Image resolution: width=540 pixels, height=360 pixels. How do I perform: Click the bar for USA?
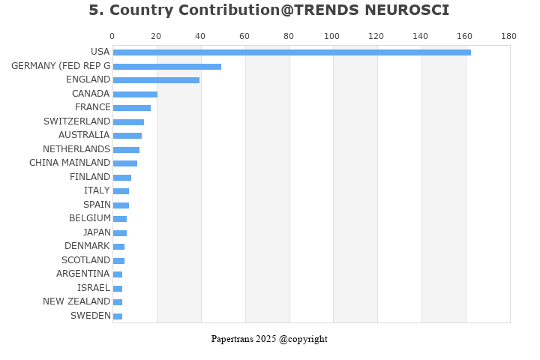coord(292,52)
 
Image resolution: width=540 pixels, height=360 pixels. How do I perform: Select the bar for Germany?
coord(166,66)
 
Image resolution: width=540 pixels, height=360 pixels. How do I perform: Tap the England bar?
coord(156,79)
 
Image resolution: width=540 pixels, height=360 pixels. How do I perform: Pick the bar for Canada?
coord(135,94)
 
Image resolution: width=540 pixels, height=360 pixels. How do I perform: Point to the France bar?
coord(131,107)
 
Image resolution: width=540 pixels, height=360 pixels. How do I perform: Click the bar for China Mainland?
coord(124,163)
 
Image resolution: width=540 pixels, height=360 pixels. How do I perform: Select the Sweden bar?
coord(117,316)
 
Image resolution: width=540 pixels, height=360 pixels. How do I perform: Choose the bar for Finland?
coord(121,177)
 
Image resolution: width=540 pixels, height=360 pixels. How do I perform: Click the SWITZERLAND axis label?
coord(76,121)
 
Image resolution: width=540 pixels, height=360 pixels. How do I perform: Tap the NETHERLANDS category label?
coord(76,149)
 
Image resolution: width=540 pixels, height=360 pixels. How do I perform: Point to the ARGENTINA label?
coord(83,274)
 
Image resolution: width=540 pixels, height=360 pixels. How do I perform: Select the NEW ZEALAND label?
coord(76,301)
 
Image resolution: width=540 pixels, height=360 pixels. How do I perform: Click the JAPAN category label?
coord(97,232)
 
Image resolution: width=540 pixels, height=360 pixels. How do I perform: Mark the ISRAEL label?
coord(94,288)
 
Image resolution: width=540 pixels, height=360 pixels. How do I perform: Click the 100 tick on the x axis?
coord(332,36)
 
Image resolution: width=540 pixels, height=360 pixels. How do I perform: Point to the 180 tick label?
coord(509,36)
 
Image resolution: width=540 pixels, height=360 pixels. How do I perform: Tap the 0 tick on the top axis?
coord(112,36)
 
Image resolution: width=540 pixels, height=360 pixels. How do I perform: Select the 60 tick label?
coord(244,36)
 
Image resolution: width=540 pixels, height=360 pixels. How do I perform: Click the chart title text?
coord(269,10)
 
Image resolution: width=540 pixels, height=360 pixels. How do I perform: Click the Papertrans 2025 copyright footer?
coord(269,339)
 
